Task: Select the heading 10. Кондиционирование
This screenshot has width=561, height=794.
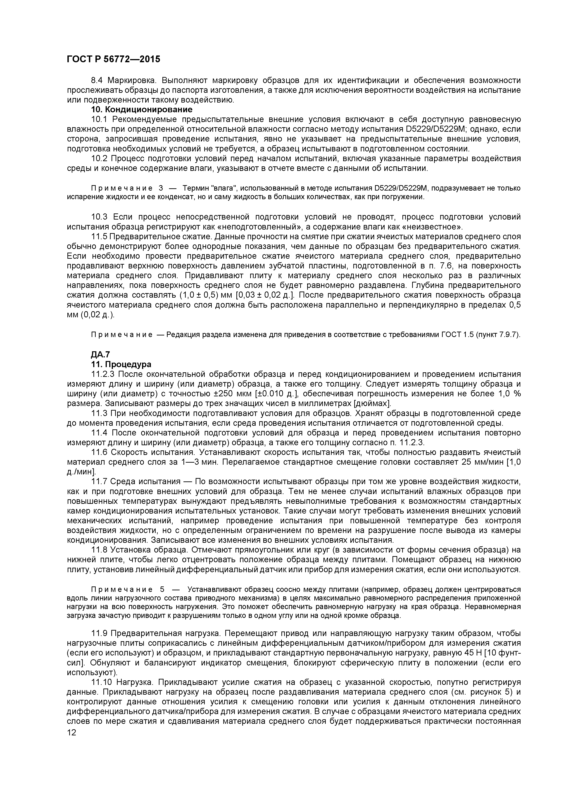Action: point(142,110)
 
